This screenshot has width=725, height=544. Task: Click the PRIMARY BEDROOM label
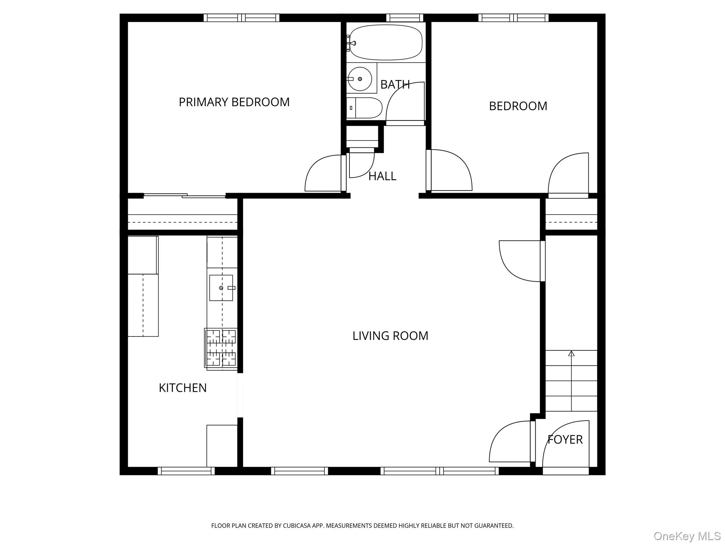coord(234,102)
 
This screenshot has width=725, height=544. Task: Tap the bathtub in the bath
coord(386,42)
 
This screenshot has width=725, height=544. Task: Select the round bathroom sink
coord(360,79)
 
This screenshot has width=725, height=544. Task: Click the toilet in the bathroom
coord(365,108)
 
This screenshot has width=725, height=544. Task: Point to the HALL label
coord(382,176)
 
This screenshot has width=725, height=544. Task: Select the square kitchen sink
coord(221,288)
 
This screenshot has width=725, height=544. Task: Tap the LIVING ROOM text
coord(390,336)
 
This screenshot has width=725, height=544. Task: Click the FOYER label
coord(565,440)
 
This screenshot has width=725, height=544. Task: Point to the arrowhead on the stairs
coord(571,353)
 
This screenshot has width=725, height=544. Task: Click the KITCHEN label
coord(182,388)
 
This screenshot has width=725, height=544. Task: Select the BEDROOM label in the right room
coord(518,106)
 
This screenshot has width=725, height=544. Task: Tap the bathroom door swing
coord(404,103)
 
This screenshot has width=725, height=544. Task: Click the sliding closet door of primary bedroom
coord(184,195)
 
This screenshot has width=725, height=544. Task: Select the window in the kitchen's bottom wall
coord(186,471)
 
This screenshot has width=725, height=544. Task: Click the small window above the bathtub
coord(404,18)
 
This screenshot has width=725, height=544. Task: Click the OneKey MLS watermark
coord(687,536)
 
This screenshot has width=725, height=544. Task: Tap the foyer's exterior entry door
coord(565,471)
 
